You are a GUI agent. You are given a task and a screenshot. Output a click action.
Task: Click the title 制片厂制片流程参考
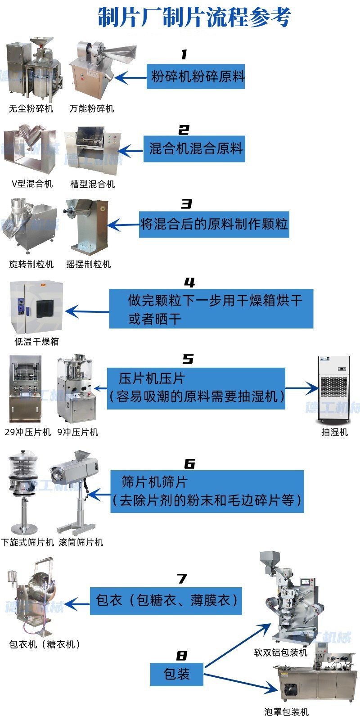pos(194,18)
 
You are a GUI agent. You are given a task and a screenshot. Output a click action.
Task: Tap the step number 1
pos(184,55)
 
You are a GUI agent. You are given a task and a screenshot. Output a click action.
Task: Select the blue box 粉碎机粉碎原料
pos(196,76)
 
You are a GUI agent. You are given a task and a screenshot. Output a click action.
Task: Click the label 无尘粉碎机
pos(31,108)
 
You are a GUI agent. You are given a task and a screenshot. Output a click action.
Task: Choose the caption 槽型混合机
pos(92,184)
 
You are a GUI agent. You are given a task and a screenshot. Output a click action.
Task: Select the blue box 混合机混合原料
pos(194,148)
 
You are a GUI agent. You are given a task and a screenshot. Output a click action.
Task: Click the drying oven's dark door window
pos(45,308)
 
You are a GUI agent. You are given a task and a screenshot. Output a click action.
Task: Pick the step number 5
pos(188,359)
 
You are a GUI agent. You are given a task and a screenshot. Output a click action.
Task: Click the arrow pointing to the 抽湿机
pos(301,388)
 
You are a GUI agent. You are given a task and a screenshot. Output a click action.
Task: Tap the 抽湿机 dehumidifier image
pos(334,389)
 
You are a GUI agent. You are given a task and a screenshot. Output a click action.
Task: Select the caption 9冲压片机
pos(77,432)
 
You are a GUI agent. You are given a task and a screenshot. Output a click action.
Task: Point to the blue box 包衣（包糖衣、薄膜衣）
pos(166,601)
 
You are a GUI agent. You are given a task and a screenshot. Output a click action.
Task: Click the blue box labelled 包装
pos(177,674)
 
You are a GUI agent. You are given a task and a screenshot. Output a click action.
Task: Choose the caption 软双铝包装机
pos(280,652)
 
